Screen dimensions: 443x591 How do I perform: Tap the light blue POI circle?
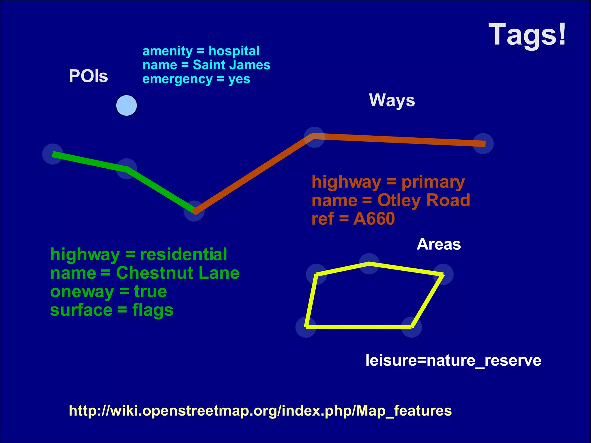pyautogui.click(x=126, y=106)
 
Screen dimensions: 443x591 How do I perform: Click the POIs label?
pyautogui.click(x=88, y=76)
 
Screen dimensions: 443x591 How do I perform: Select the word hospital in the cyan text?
pyautogui.click(x=234, y=51)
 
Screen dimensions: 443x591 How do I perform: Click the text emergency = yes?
pyautogui.click(x=196, y=79)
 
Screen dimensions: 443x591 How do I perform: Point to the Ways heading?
pyautogui.click(x=392, y=100)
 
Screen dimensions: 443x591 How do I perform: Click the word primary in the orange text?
pyautogui.click(x=433, y=182)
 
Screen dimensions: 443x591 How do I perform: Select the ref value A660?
pyautogui.click(x=374, y=219)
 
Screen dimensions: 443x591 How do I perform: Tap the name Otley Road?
pyautogui.click(x=424, y=201)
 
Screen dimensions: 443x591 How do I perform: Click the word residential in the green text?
pyautogui.click(x=184, y=255)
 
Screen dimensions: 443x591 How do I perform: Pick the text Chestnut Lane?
pyautogui.click(x=178, y=273)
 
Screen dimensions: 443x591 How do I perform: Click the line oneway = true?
pyautogui.click(x=109, y=291)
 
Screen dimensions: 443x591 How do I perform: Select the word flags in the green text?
pyautogui.click(x=153, y=310)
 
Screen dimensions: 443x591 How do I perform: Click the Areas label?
pyautogui.click(x=439, y=244)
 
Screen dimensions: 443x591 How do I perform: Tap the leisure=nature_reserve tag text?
pyautogui.click(x=453, y=360)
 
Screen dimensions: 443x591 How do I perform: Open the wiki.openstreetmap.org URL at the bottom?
pyautogui.click(x=260, y=411)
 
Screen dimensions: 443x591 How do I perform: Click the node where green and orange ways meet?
pyautogui.click(x=194, y=211)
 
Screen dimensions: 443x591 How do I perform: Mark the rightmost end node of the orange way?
pyautogui.click(x=483, y=143)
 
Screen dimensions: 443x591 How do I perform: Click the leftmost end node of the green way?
pyautogui.click(x=53, y=154)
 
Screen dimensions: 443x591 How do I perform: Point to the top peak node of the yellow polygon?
pyautogui.click(x=369, y=263)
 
